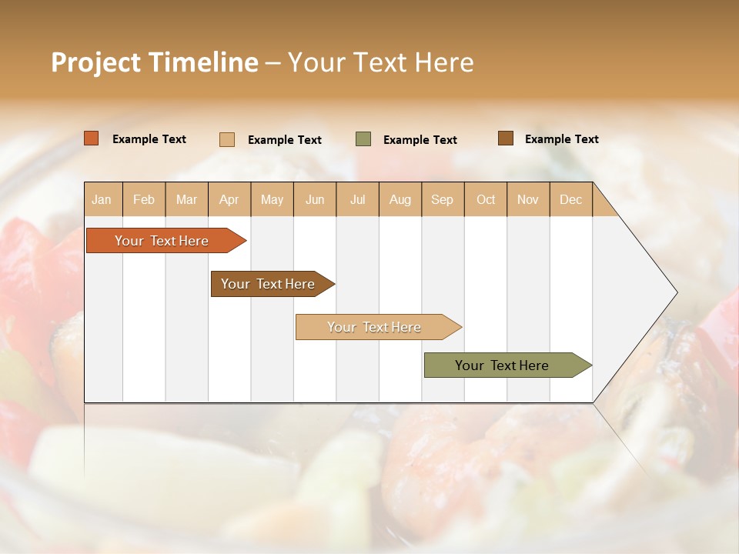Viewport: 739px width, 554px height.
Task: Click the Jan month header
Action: coord(102,200)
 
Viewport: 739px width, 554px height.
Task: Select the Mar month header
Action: coord(186,200)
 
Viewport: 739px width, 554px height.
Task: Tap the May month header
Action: coord(272,200)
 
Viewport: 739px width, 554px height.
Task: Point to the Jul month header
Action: coord(357,200)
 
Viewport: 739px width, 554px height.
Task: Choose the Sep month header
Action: coord(442,200)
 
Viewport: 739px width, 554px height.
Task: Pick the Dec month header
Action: coord(570,200)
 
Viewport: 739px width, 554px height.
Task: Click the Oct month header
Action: coord(485,200)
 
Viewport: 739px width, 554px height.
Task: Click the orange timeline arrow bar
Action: coord(162,241)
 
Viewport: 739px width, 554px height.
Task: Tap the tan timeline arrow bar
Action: coord(374,327)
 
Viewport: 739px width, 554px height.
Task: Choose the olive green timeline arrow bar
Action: coord(502,365)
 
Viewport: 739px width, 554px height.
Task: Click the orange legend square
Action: coord(92,138)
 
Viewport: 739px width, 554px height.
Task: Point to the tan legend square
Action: coord(227,139)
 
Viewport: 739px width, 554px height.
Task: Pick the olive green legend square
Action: coord(363,139)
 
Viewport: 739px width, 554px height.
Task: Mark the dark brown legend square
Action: coord(506,138)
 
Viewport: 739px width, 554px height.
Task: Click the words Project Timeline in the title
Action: coord(155,62)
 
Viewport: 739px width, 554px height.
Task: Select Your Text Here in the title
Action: coord(381,62)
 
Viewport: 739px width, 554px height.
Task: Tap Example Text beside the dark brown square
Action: coord(561,139)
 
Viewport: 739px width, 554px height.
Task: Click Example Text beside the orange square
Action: coord(149,139)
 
